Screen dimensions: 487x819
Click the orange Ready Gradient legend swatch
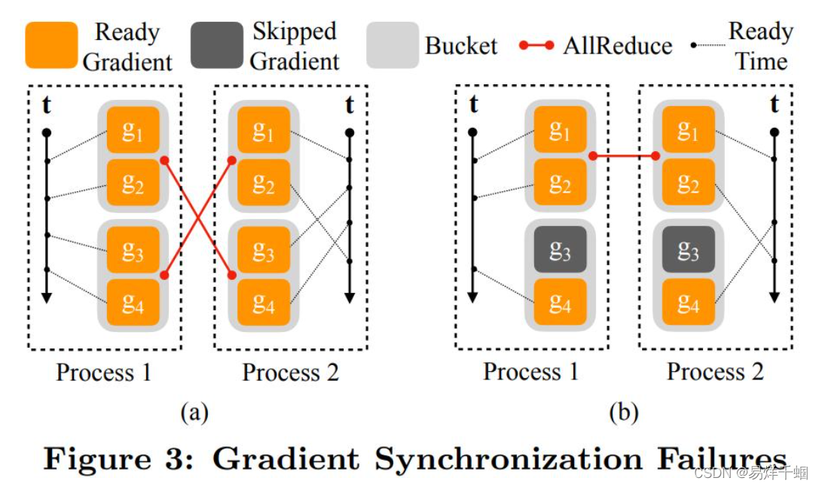point(51,45)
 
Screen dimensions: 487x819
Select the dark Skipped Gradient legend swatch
point(217,45)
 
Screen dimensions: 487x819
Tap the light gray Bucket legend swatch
point(393,45)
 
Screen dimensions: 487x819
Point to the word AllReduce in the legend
point(617,45)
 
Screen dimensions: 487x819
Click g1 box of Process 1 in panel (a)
point(133,130)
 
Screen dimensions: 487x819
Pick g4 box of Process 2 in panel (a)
point(263,303)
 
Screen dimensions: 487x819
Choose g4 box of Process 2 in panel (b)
point(688,303)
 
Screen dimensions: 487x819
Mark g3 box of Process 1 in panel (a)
point(133,250)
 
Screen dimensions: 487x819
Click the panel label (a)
point(194,412)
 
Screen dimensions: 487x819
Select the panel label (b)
point(623,412)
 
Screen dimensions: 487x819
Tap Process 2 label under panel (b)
point(715,372)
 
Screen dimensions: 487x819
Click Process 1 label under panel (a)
point(103,372)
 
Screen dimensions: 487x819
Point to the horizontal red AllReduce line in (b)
point(624,156)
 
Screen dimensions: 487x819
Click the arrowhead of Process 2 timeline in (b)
point(774,297)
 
